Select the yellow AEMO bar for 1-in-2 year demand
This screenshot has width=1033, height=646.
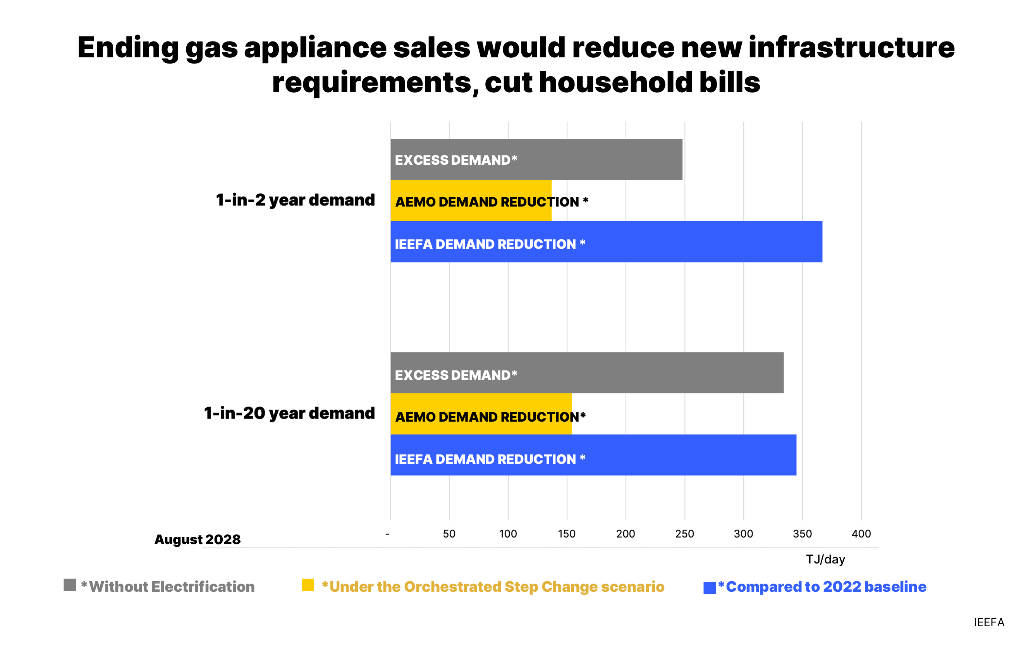[x=471, y=201]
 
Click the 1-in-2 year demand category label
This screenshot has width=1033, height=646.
[x=295, y=200]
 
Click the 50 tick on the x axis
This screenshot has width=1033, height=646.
[x=449, y=534]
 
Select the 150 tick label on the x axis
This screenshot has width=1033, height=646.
[x=567, y=534]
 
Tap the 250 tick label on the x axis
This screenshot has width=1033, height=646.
[x=684, y=534]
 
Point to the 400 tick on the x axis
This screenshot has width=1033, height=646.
[x=861, y=534]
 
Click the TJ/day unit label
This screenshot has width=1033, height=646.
[x=825, y=559]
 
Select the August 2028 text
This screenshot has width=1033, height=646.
[x=197, y=539]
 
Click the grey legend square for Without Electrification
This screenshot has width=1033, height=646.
[x=70, y=585]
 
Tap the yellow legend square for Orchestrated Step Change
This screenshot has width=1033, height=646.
[x=308, y=585]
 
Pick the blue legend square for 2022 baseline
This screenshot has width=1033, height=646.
[x=709, y=588]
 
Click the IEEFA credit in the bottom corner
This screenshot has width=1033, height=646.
[x=988, y=622]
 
